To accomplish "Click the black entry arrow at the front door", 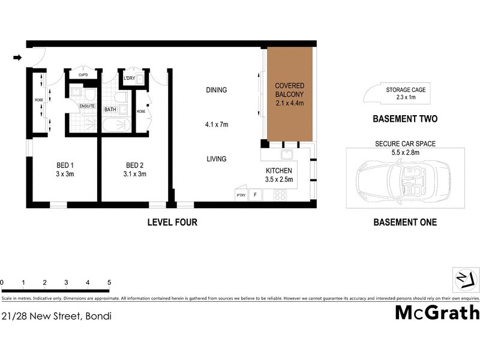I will [x=17, y=58].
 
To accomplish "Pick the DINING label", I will [x=217, y=91].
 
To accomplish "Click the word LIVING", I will [x=217, y=159].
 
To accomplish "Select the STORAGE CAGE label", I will [x=406, y=90].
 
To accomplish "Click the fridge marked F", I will [x=255, y=195].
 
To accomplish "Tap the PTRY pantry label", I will [x=241, y=196].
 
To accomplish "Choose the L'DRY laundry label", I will [x=128, y=79].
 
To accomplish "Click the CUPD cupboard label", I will [x=83, y=75].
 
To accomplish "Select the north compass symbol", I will [x=465, y=279].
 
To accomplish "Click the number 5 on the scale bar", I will [x=109, y=282].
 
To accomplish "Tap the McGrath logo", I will [x=437, y=313].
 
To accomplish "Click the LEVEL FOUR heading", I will [x=172, y=223].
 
